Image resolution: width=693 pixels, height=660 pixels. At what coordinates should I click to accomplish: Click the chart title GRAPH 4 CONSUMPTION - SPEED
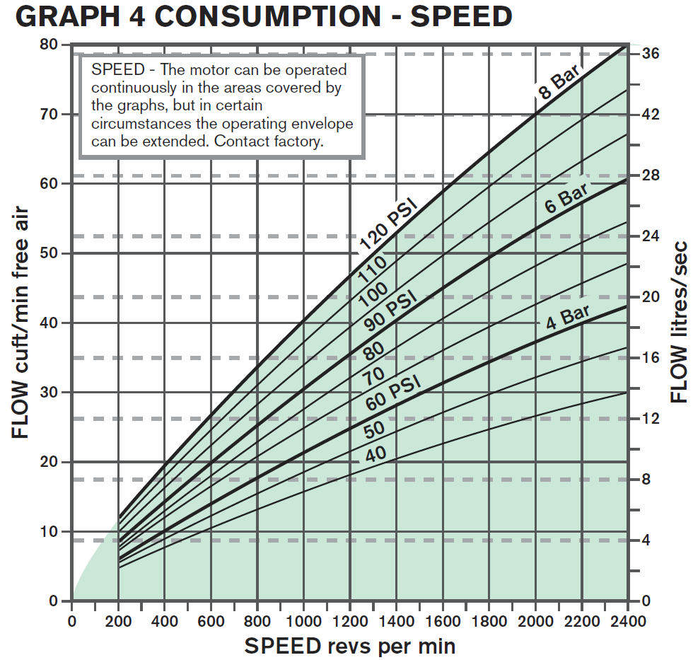[263, 17]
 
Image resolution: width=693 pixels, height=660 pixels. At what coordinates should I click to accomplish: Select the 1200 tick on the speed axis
[350, 622]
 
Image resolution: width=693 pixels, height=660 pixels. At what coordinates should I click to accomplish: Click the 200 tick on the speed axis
[118, 622]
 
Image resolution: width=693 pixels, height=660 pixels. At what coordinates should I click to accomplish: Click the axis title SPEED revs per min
[349, 645]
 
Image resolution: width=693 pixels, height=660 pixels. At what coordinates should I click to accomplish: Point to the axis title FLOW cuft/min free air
[21, 322]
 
